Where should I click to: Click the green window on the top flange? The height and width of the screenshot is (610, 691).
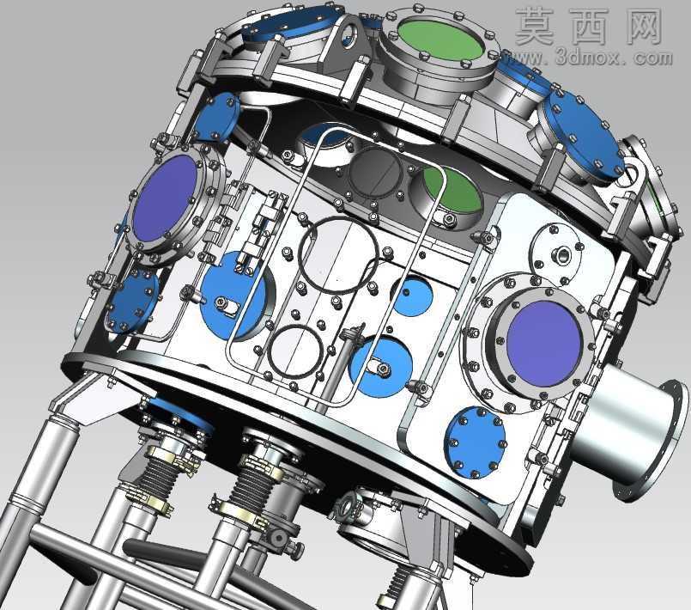point(439,39)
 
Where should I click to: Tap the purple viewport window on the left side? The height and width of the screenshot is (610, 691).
point(166,198)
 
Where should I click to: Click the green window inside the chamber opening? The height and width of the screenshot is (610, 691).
point(452,189)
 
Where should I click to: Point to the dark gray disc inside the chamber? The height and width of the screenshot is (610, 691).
point(375,171)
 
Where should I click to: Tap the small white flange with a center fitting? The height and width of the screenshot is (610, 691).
point(556,253)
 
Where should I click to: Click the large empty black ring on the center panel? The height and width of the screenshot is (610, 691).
point(338,255)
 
